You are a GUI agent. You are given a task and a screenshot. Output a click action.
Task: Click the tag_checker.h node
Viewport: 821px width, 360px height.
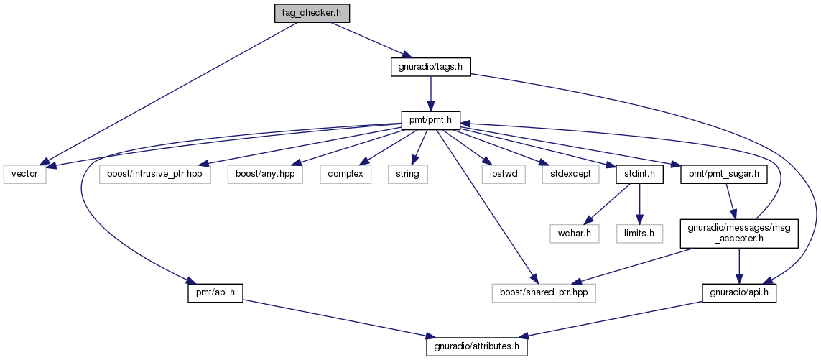tap(312, 13)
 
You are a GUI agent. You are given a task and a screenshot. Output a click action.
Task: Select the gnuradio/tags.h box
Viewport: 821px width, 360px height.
tap(430, 68)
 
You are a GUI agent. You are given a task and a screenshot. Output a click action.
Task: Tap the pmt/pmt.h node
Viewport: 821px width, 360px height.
tap(430, 121)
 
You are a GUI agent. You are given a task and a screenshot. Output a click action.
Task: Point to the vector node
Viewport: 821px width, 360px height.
tap(24, 174)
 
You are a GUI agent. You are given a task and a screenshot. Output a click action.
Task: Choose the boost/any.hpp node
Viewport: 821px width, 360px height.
tap(265, 174)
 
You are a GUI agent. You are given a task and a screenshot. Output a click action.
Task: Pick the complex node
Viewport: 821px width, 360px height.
tap(345, 174)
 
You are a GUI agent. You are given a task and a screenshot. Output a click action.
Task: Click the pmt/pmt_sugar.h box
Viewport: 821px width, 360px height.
tap(724, 174)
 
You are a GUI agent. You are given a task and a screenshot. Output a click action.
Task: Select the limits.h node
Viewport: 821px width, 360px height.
tap(640, 234)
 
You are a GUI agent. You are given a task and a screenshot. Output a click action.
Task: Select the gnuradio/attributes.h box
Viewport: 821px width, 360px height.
tap(477, 347)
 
